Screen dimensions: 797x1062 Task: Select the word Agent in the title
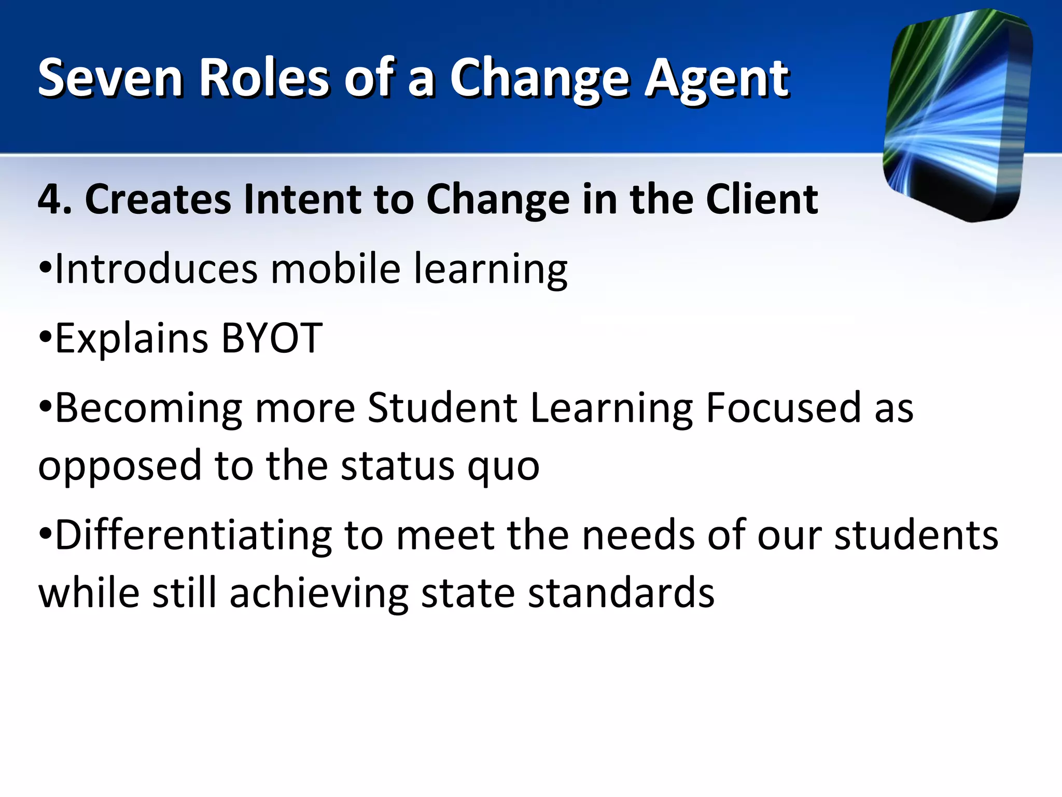point(717,79)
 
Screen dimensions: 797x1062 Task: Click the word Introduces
point(156,269)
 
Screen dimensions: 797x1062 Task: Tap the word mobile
point(336,269)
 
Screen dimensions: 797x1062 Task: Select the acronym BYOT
point(272,338)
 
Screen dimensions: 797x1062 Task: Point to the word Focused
point(784,408)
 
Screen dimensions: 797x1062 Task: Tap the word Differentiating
point(193,535)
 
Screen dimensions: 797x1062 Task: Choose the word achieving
point(319,594)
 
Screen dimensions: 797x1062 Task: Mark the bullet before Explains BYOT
point(45,338)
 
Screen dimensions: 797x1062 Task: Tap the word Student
point(442,408)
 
